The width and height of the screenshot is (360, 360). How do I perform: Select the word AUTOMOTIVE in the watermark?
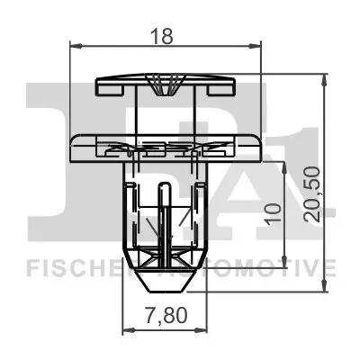click(270, 267)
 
